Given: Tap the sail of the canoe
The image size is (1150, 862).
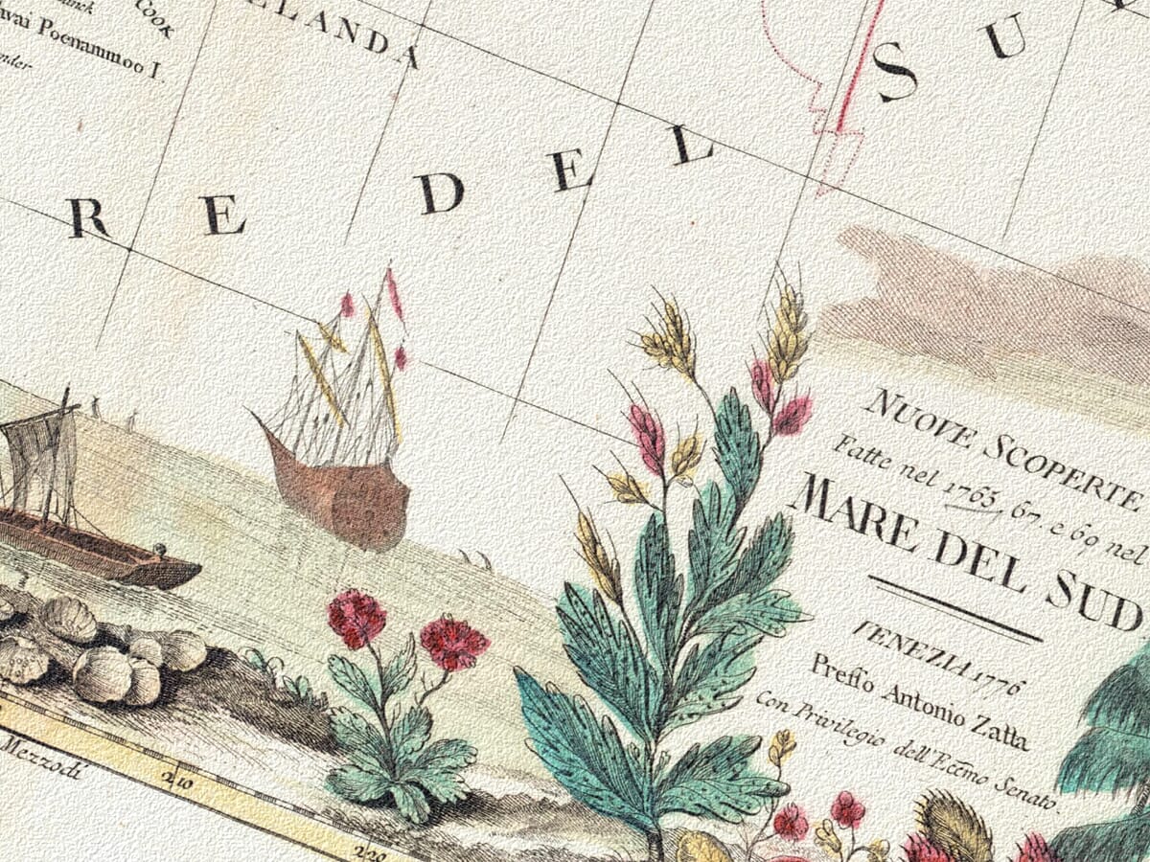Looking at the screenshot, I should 38,455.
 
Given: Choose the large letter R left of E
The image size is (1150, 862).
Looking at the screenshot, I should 90,219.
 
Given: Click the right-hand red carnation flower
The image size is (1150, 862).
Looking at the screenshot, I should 452,642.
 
